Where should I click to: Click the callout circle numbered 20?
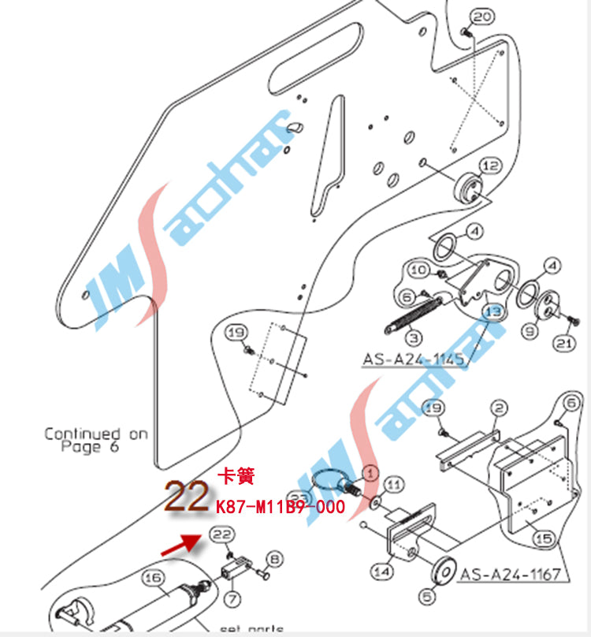pos(482,17)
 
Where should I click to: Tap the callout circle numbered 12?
pos(490,166)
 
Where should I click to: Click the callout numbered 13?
pos(492,311)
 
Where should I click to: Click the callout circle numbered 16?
pos(151,579)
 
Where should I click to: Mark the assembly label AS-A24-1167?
pos(512,573)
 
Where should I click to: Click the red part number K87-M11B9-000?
pos(280,506)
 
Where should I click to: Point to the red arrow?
pos(179,545)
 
